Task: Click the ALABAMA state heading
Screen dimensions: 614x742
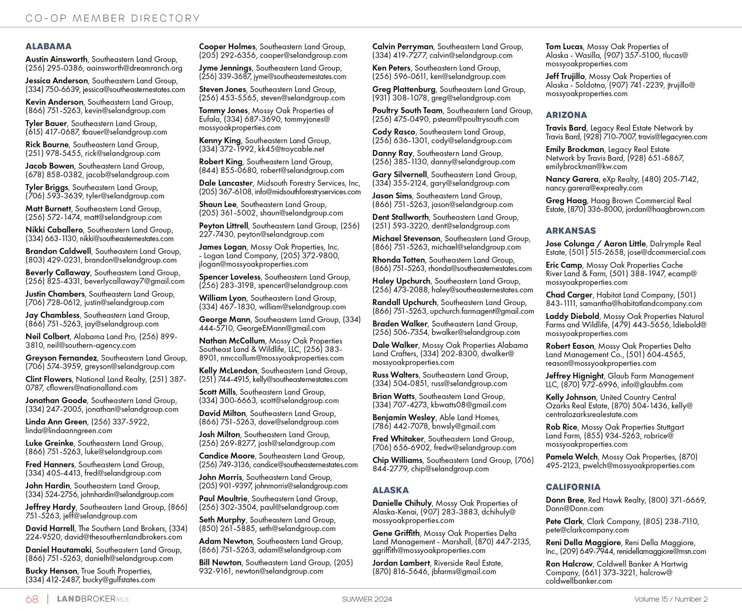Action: pos(49,46)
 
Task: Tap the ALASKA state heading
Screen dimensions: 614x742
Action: pos(391,490)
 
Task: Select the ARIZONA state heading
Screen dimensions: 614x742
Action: pos(567,115)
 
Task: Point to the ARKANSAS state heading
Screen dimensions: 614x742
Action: pos(571,231)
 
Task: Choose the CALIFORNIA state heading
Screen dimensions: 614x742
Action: pos(573,487)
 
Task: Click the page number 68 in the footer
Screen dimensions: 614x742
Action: pos(32,599)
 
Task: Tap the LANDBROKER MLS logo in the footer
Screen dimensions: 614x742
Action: pos(92,599)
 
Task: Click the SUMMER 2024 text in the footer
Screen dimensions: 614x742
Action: pos(367,599)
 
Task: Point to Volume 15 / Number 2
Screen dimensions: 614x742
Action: pos(671,599)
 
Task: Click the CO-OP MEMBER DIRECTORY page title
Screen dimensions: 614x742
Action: pos(113,19)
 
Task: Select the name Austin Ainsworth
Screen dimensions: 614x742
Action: pos(56,60)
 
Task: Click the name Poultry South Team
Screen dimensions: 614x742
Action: pos(407,111)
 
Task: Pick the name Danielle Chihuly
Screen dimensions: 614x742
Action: pos(402,503)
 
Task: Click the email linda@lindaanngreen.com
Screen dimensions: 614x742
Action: pos(69,431)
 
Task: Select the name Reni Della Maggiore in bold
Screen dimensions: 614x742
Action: pos(583,543)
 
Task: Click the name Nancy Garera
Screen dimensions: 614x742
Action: pos(572,179)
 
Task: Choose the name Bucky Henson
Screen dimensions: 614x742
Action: pos(51,571)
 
